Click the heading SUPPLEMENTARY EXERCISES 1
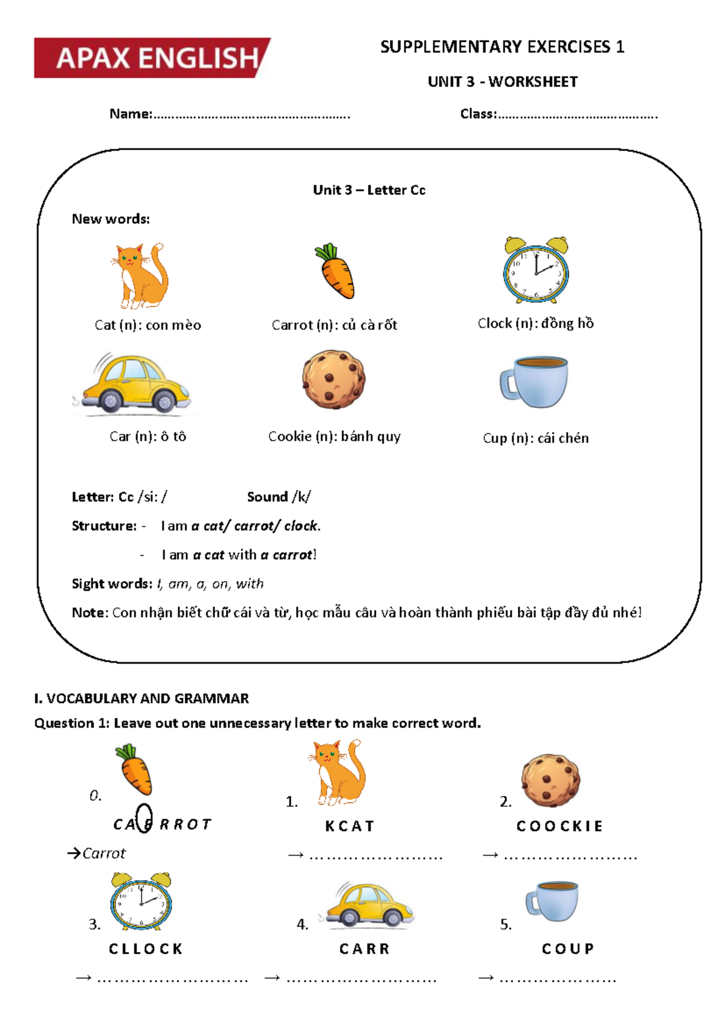[501, 47]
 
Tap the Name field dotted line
[251, 114]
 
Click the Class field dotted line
[577, 114]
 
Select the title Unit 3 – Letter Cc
[369, 190]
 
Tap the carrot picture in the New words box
[335, 272]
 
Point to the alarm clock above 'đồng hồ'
[536, 270]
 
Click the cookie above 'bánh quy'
[333, 379]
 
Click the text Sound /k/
[279, 497]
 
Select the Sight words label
[112, 584]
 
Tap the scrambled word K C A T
[349, 826]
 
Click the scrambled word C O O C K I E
[559, 826]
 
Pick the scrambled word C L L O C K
[146, 949]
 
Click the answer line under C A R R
[361, 979]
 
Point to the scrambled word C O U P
[567, 949]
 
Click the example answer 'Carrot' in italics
[104, 853]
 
